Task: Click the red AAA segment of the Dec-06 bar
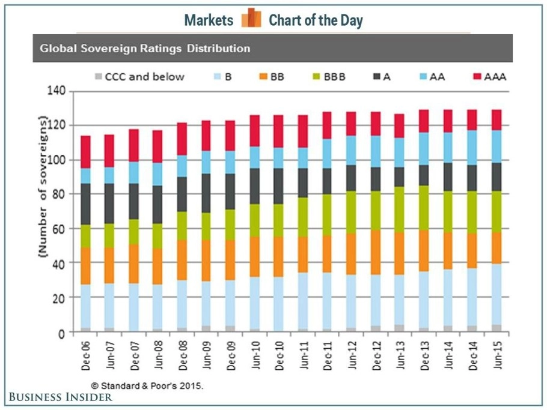pos(86,152)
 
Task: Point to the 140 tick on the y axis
pos(58,92)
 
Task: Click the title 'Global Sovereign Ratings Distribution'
pos(145,48)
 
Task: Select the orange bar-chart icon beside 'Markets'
pos(251,19)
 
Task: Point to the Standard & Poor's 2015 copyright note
pos(147,386)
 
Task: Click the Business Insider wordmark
pos(60,397)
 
